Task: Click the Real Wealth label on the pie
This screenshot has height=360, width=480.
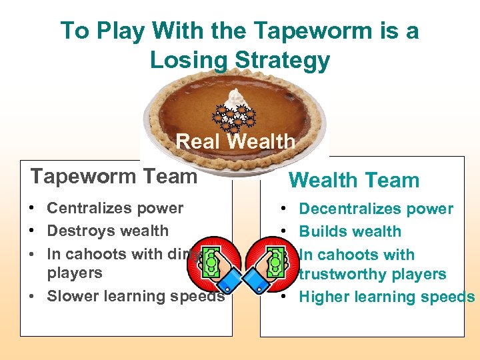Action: pos(235,141)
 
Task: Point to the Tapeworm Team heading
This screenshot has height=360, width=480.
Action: pos(114,176)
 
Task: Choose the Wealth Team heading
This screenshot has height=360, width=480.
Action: pos(353,180)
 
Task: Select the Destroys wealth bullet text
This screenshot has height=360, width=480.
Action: pos(107,231)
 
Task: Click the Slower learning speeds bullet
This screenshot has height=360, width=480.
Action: pos(135,296)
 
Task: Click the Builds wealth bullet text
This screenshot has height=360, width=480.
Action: pos(350,231)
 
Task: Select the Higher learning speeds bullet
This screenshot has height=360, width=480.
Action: pos(387,297)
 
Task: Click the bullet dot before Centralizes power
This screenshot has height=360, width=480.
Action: pos(32,208)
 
